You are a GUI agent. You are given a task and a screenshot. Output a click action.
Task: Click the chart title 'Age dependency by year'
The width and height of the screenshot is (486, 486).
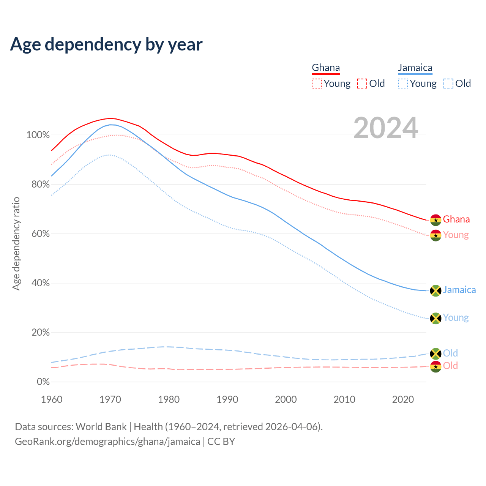106,44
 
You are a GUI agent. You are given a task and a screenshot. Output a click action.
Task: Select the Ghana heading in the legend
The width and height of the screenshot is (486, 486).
326,68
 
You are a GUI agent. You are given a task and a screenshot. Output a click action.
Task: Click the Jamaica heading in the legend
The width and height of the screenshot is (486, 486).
415,68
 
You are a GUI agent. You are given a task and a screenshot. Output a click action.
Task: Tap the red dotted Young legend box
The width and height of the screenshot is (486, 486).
317,84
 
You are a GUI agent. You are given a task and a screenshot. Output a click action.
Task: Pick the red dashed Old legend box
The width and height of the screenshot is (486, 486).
362,84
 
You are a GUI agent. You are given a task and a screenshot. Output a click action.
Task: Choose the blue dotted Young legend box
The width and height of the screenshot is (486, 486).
403,84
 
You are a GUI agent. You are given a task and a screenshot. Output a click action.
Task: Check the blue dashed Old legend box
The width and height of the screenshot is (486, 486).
448,84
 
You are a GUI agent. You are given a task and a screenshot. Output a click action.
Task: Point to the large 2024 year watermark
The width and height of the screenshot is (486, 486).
386,128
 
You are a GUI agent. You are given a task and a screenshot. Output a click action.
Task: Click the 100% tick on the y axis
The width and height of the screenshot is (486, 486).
38,135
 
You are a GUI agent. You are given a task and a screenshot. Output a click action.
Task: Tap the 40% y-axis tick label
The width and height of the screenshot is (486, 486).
40,283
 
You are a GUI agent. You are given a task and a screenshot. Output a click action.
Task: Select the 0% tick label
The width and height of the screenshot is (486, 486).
43,382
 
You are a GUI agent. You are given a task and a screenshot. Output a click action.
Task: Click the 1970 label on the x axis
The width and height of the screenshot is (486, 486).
110,399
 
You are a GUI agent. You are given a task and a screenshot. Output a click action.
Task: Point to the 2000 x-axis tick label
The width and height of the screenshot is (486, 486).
286,399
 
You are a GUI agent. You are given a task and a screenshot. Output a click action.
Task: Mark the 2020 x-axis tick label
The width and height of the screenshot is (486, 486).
403,399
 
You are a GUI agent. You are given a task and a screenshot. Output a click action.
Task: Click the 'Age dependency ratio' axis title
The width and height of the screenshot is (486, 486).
16,243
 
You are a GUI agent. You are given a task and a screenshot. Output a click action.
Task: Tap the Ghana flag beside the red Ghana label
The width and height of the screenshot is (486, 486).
436,220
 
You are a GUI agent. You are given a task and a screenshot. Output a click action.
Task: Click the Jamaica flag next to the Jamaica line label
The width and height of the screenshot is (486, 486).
436,290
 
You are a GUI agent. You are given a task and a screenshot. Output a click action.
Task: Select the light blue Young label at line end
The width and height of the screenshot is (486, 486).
456,318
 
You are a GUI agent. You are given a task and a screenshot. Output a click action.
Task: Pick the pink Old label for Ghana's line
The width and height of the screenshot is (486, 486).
450,366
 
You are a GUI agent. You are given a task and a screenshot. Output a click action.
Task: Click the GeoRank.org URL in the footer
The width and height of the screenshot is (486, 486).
107,442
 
